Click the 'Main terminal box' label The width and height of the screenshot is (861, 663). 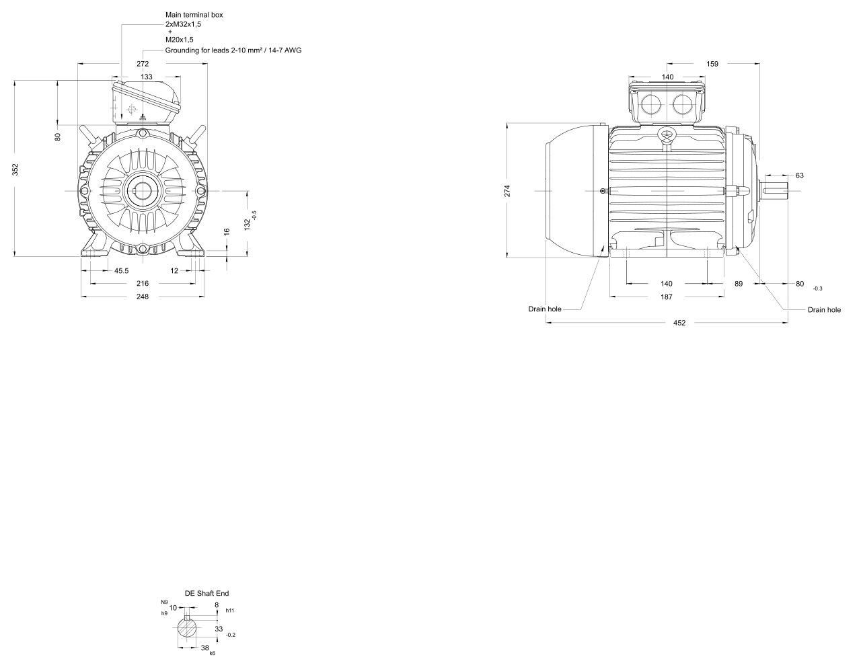click(194, 15)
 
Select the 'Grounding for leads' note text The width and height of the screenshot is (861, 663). click(233, 50)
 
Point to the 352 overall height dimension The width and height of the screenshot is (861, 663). click(15, 169)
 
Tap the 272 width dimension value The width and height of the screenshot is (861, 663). click(143, 64)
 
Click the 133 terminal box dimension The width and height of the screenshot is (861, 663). click(147, 77)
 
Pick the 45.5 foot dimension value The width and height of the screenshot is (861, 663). click(121, 271)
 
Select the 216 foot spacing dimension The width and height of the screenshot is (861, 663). click(143, 284)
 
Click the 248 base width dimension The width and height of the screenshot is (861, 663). click(143, 297)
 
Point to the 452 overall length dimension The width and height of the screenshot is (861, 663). click(679, 323)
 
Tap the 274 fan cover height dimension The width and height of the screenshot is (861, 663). click(507, 191)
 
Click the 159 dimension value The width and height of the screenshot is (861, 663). click(712, 64)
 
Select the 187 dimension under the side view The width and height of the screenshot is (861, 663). click(667, 297)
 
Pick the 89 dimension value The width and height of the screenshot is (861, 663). click(739, 284)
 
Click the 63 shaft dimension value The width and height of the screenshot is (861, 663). click(800, 175)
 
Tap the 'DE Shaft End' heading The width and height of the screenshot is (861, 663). click(207, 593)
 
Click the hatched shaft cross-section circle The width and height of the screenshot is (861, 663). click(186, 628)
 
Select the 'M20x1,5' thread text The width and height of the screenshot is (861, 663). click(180, 40)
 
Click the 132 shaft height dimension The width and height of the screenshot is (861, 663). click(248, 225)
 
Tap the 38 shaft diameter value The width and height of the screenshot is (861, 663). click(205, 648)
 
